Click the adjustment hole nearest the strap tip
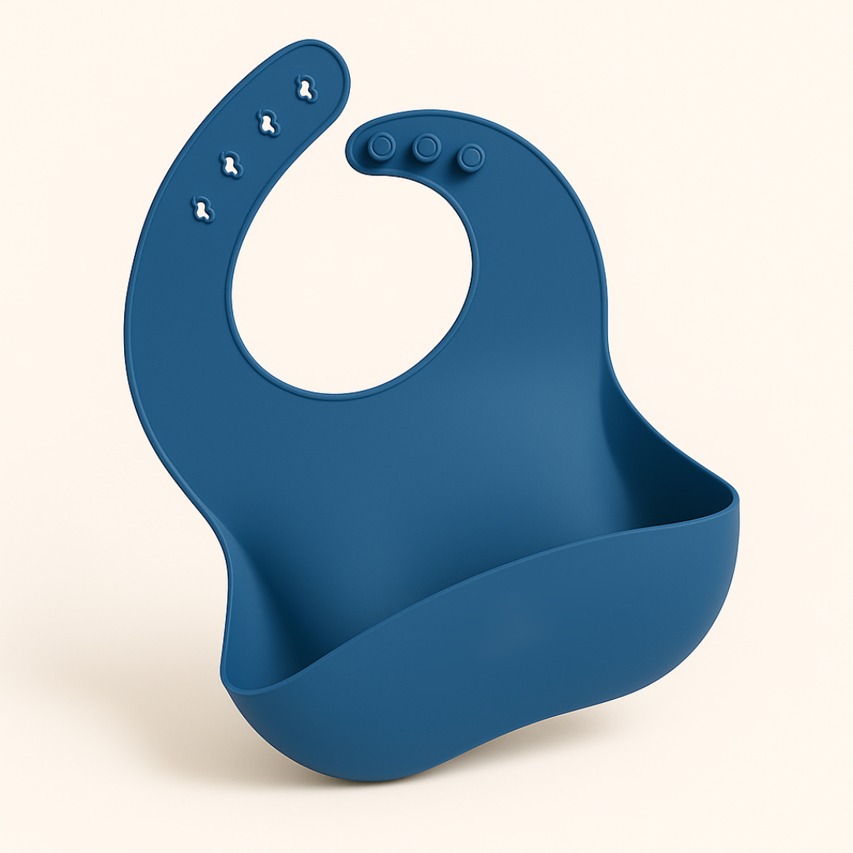tap(306, 88)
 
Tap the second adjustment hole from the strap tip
tap(269, 124)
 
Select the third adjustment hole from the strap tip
tap(231, 164)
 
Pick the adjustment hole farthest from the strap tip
tap(203, 209)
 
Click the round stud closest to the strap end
tap(382, 146)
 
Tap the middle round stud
tap(427, 147)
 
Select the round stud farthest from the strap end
tap(472, 157)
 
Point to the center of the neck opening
tap(351, 276)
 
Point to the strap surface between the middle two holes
tap(250, 145)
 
